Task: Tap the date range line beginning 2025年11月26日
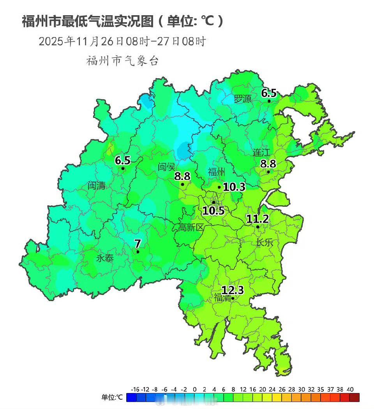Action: (x=122, y=41)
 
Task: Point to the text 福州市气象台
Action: (x=122, y=61)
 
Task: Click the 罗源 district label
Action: (x=242, y=99)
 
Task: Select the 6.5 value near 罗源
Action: (x=268, y=93)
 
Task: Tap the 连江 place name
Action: (x=261, y=152)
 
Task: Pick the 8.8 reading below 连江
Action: (x=268, y=164)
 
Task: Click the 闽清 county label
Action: (x=96, y=185)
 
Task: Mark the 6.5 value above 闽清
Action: (x=123, y=160)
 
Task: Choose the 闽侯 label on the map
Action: (x=167, y=167)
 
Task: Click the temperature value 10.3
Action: (x=234, y=187)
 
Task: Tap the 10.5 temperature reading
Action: (x=213, y=211)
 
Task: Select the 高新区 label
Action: (x=191, y=227)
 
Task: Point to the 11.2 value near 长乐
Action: (x=258, y=219)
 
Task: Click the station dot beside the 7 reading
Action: (x=138, y=252)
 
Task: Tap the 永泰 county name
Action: (x=105, y=258)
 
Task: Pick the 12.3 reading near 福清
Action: (x=233, y=290)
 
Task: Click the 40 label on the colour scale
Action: (x=350, y=389)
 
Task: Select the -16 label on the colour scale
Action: (x=135, y=389)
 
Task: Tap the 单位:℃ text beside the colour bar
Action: (x=112, y=397)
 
